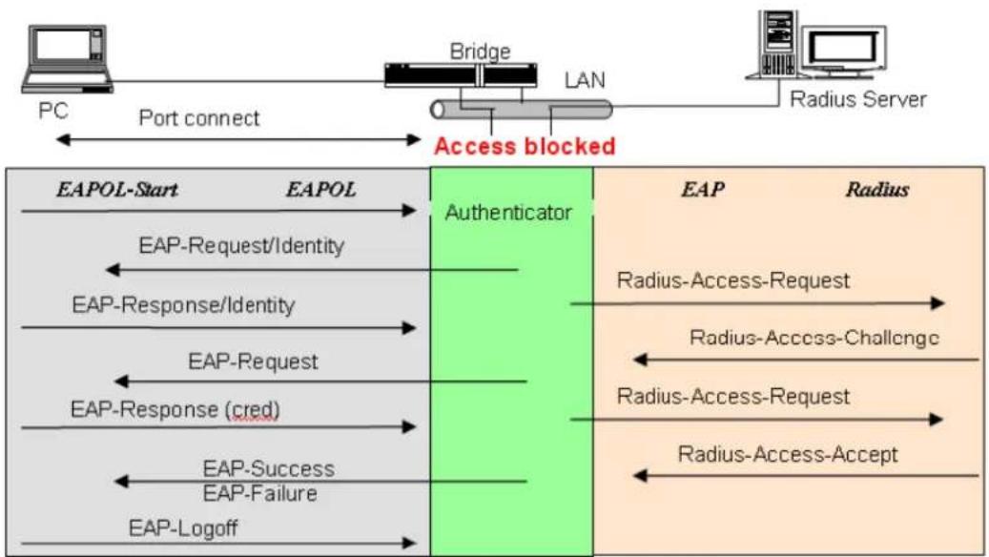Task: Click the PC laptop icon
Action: (67, 59)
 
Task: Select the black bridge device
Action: (461, 75)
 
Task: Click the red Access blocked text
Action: (525, 146)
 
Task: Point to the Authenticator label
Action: (508, 213)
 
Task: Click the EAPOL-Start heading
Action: (117, 189)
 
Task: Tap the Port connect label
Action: (199, 118)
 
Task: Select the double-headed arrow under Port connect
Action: (238, 139)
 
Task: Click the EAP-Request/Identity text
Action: (241, 245)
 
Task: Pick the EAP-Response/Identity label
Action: (183, 305)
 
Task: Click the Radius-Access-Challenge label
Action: (814, 339)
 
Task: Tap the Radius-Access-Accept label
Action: (788, 455)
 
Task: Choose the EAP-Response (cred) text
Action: (175, 410)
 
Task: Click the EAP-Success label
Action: (269, 468)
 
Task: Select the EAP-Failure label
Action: (259, 493)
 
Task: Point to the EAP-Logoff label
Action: (183, 528)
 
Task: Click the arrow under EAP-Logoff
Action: (218, 543)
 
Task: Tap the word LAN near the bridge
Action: (585, 80)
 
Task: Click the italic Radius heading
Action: (877, 189)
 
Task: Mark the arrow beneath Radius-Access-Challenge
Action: (806, 361)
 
